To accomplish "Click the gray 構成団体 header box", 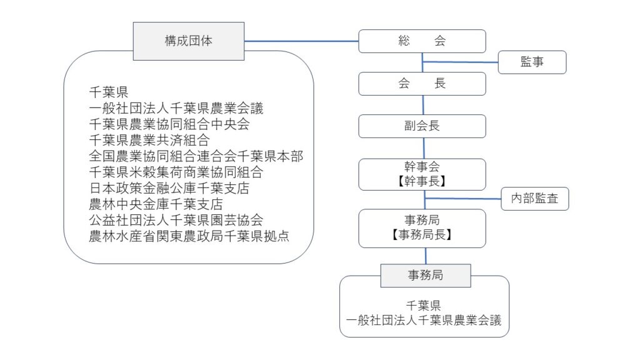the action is [189, 41].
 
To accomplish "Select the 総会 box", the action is [422, 41].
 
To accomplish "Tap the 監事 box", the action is [532, 62].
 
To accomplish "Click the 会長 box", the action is [422, 84].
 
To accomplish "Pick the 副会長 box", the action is [422, 126].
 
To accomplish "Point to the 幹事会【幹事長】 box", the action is [422, 174].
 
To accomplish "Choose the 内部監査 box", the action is [535, 199].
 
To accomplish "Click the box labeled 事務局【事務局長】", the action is [422, 228].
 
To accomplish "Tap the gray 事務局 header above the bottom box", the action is [426, 276].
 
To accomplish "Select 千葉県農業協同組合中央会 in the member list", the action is [169, 124].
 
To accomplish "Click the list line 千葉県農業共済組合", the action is [149, 140].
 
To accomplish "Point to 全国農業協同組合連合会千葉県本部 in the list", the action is [196, 156].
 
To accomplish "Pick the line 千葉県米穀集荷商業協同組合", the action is [176, 172].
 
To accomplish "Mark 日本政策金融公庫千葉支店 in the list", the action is [169, 187].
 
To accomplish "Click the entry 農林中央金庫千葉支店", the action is [156, 204].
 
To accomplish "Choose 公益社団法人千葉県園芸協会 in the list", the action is [176, 220].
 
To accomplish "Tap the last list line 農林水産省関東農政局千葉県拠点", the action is [189, 236].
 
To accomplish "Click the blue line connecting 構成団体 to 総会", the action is [302, 41].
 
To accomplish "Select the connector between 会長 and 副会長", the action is [423, 105].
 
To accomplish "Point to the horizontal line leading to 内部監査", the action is [463, 198].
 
